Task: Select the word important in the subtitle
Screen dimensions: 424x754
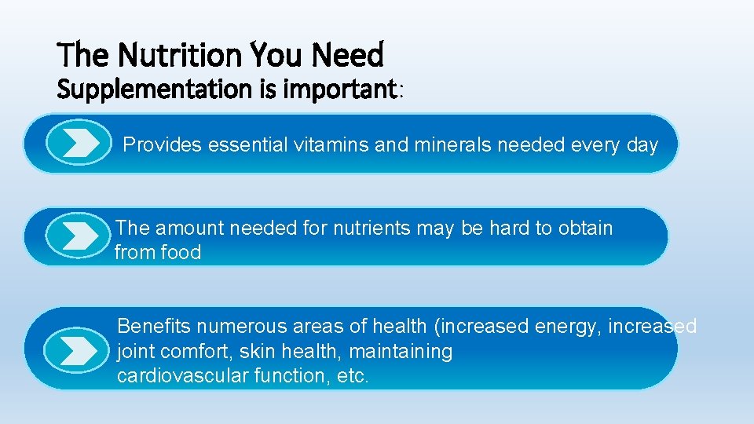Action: pos(343,90)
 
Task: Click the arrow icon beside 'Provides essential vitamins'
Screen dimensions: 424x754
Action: pos(78,144)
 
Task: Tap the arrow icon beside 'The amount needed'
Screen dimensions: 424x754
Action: pos(78,236)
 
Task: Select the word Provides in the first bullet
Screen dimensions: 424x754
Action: pos(163,144)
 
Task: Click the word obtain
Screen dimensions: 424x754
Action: pos(585,228)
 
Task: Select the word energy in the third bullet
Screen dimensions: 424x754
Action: pos(566,326)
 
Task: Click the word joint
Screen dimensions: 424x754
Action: pos(135,351)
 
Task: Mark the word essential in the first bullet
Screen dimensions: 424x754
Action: pos(248,144)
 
